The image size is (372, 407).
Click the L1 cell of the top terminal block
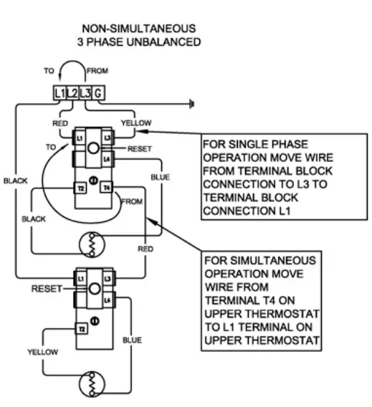pyautogui.click(x=59, y=93)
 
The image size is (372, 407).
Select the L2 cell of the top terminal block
pyautogui.click(x=72, y=93)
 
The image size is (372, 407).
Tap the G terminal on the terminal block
pyautogui.click(x=97, y=93)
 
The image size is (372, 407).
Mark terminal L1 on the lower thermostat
pyautogui.click(x=81, y=276)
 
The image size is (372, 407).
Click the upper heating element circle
pyautogui.click(x=91, y=244)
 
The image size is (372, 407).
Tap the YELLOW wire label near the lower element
pyautogui.click(x=42, y=353)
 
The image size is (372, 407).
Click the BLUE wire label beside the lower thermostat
pyautogui.click(x=132, y=340)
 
